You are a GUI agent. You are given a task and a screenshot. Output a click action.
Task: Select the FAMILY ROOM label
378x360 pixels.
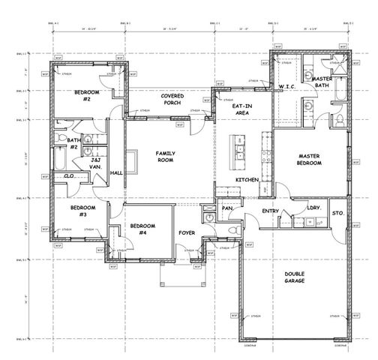point(165,156)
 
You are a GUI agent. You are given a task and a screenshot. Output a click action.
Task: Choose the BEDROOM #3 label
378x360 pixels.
point(82,211)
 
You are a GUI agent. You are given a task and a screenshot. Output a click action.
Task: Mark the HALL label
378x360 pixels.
point(116,173)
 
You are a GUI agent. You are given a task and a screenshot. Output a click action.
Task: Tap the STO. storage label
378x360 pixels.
point(337,213)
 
